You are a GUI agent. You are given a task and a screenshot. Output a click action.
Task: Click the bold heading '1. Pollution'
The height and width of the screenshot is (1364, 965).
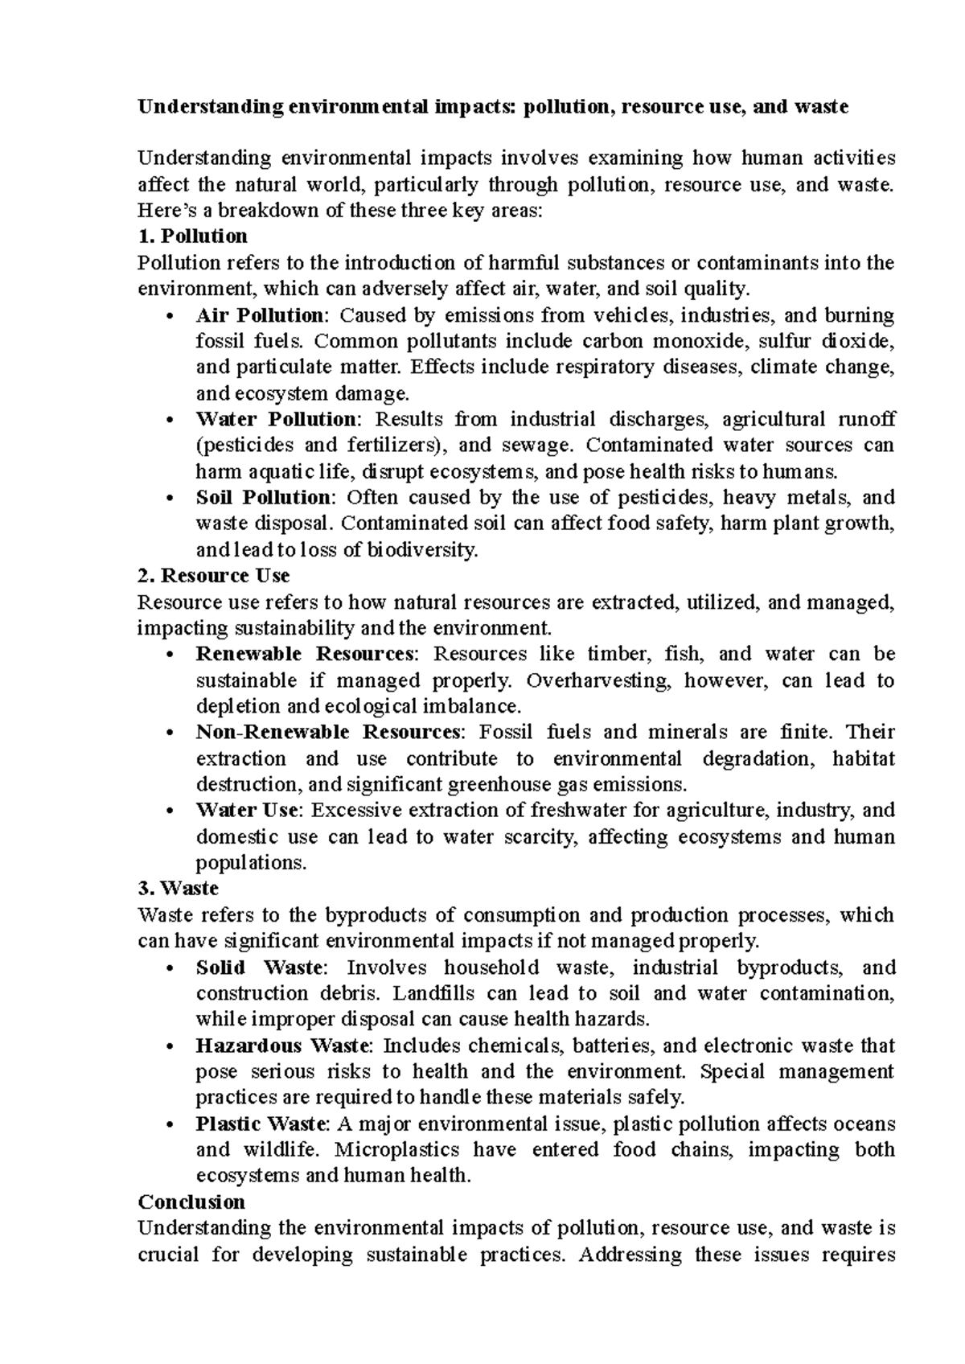tap(192, 236)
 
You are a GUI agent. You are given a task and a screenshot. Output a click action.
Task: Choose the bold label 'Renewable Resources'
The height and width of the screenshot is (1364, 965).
tap(306, 654)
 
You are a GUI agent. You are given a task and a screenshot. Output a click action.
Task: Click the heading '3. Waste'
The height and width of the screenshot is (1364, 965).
tap(178, 889)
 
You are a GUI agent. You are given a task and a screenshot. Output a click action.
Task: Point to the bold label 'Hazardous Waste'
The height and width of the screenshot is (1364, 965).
tap(284, 1046)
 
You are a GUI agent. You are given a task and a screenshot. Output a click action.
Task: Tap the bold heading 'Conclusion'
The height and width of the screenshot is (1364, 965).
tap(191, 1202)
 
